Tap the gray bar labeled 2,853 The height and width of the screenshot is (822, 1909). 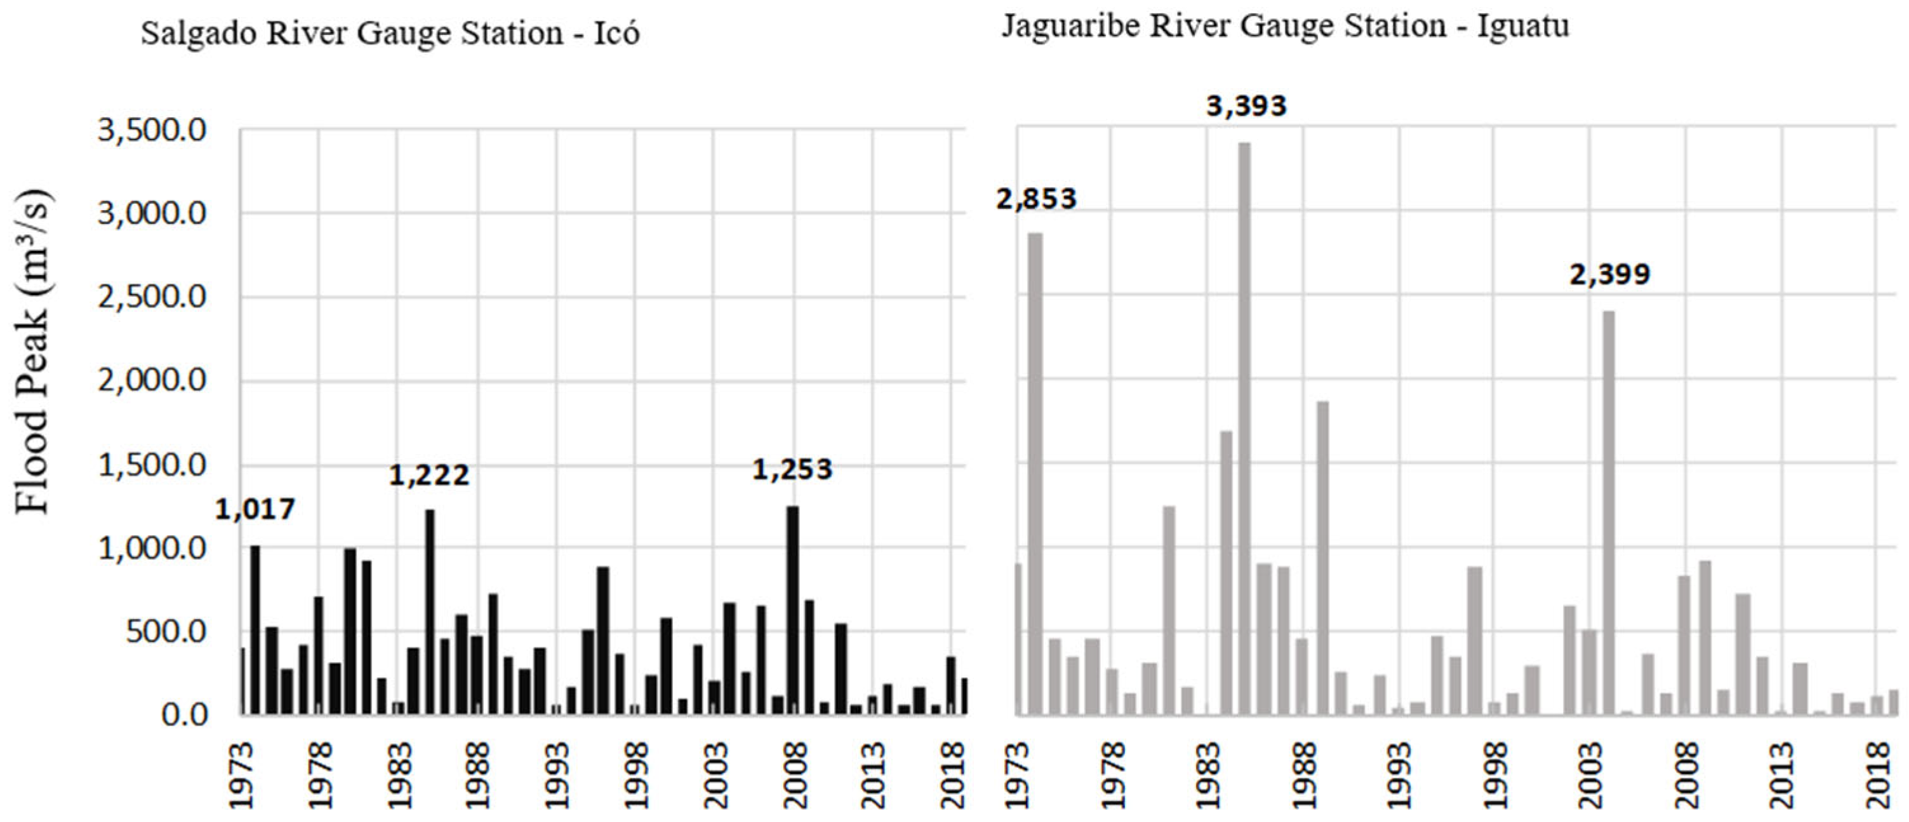pyautogui.click(x=1035, y=474)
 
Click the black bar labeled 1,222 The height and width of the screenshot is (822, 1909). pyautogui.click(x=430, y=611)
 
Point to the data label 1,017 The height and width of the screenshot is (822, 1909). pyautogui.click(x=255, y=509)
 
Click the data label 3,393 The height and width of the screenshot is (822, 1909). pyautogui.click(x=1246, y=107)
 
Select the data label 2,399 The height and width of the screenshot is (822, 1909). pyautogui.click(x=1609, y=275)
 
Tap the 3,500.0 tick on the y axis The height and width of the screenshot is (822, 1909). pyautogui.click(x=152, y=131)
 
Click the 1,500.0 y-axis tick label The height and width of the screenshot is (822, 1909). pyautogui.click(x=152, y=465)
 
